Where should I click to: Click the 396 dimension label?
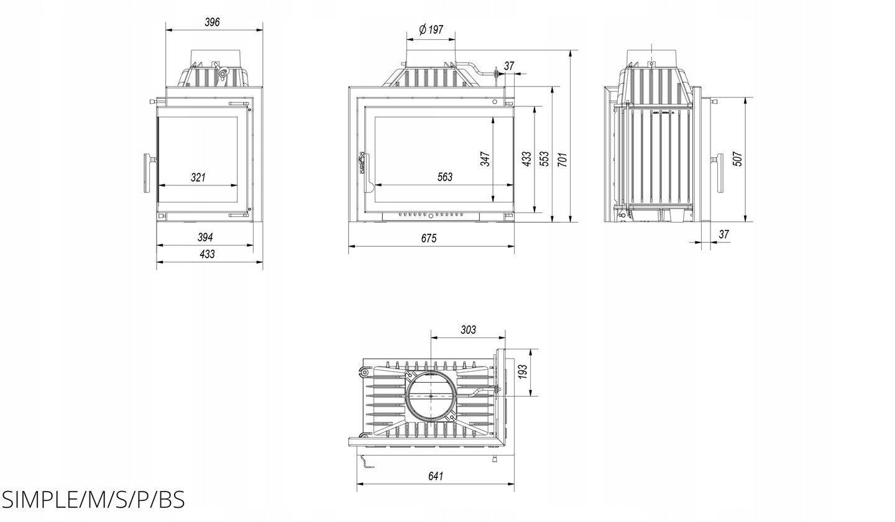[x=212, y=22]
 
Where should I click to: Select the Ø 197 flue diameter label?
[x=431, y=30]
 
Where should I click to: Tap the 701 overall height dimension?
[x=562, y=159]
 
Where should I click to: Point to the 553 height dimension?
[x=544, y=159]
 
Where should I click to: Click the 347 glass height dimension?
[x=485, y=159]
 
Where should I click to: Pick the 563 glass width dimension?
[x=445, y=177]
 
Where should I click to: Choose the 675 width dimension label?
[x=429, y=239]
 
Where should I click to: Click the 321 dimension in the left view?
[x=198, y=177]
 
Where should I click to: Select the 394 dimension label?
[x=205, y=237]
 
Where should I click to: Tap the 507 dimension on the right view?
[x=738, y=159]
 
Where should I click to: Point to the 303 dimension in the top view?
[x=468, y=329]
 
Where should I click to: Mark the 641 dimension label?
[x=436, y=476]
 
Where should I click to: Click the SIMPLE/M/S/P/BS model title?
[x=93, y=500]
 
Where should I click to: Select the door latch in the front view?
[x=362, y=162]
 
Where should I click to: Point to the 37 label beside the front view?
[x=509, y=66]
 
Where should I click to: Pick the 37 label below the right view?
[x=724, y=234]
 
